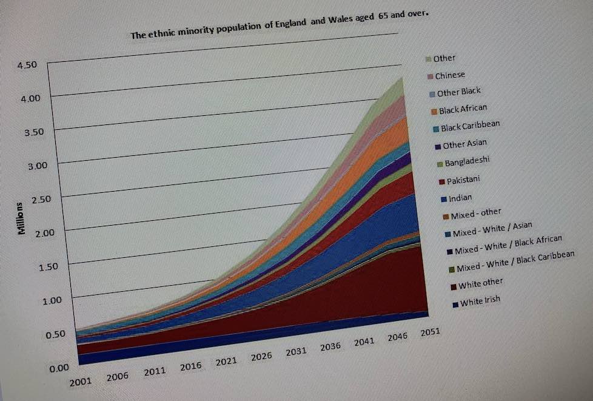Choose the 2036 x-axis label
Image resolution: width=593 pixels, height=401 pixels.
pyautogui.click(x=330, y=346)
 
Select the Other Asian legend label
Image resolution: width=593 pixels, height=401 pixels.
pyautogui.click(x=464, y=144)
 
